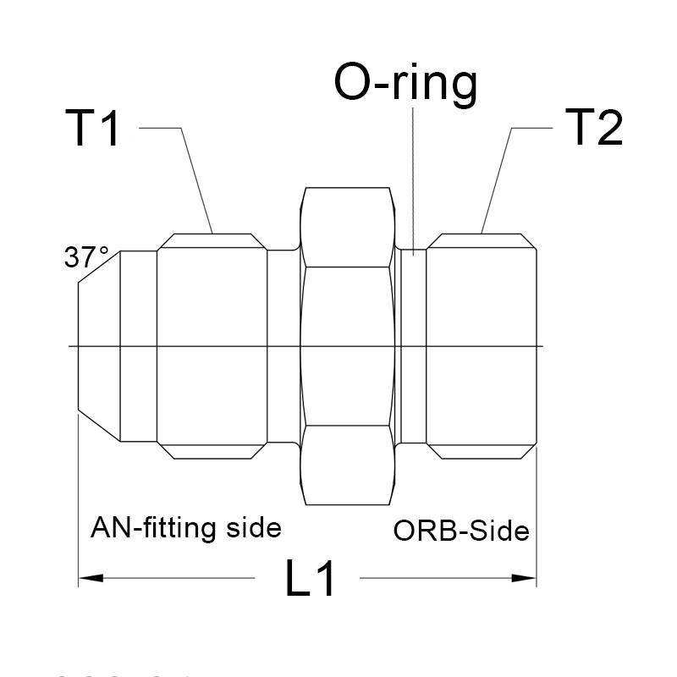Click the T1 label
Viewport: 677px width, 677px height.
point(93,129)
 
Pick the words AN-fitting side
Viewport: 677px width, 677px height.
point(185,529)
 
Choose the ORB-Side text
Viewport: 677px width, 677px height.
point(461,531)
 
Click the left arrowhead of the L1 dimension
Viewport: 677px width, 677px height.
point(90,579)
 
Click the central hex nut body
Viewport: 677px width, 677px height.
point(347,347)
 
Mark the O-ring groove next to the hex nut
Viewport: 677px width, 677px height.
point(411,347)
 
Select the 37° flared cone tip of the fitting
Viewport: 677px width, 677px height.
point(97,347)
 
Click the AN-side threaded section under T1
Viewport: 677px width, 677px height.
point(212,347)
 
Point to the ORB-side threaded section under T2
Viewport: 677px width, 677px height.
point(481,347)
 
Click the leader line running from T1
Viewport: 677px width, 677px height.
point(195,178)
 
